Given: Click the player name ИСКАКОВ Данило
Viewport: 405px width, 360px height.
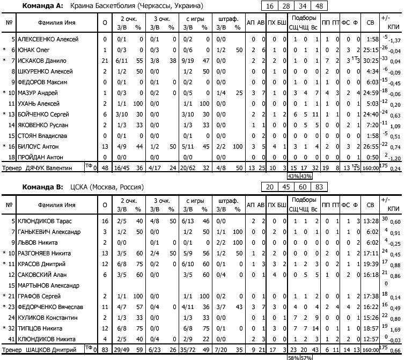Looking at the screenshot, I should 42,61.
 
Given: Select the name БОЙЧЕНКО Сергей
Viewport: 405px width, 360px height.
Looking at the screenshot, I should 43,114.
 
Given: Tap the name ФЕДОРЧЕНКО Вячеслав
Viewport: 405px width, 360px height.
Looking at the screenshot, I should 48,307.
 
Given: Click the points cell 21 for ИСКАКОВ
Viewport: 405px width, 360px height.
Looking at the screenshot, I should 105,61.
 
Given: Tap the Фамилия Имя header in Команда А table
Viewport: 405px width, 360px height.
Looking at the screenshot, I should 52,23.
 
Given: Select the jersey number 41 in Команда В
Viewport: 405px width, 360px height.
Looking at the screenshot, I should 11,339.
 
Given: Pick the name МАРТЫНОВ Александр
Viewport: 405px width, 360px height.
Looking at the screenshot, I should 48,285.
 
